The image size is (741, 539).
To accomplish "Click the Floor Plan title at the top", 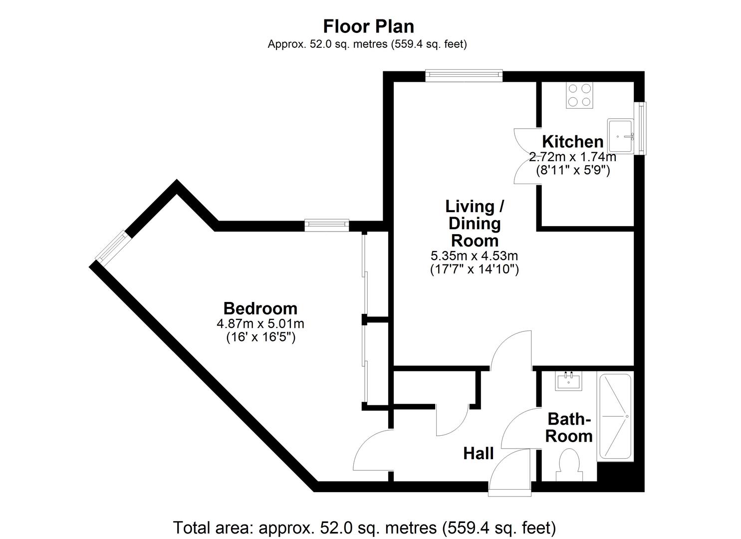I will [x=368, y=25].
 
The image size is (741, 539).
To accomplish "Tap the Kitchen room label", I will [x=572, y=141].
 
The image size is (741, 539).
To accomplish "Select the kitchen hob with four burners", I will [x=579, y=95].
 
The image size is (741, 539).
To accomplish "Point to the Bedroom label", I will [x=260, y=308].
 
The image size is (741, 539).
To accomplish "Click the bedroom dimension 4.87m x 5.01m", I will [x=260, y=323].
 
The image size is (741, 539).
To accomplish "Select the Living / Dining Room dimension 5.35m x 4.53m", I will [x=474, y=256].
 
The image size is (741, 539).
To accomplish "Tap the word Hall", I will [x=478, y=453].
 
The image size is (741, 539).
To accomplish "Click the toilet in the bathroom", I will [x=569, y=464].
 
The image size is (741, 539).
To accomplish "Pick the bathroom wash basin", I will [x=569, y=382].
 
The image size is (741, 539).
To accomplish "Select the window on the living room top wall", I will [x=464, y=75].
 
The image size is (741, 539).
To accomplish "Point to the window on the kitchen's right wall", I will [x=642, y=128].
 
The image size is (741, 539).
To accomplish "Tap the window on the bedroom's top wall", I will [x=326, y=225].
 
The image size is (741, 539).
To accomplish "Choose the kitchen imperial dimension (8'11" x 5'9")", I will [x=572, y=170].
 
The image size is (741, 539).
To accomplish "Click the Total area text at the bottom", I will [x=364, y=527].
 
